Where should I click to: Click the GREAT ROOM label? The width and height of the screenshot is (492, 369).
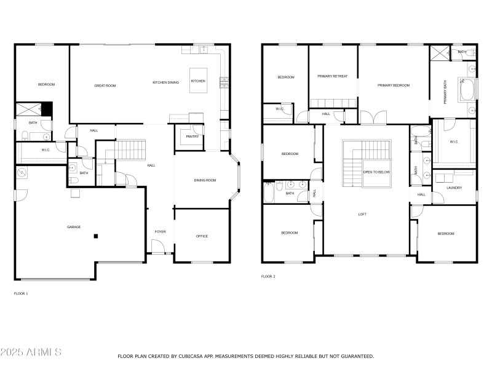tap(105, 86)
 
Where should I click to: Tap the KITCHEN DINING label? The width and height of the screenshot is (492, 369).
tap(166, 82)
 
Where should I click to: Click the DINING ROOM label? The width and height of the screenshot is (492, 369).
tap(205, 180)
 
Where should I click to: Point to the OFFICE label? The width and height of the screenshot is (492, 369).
tap(202, 236)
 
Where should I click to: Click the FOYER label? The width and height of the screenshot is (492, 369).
tap(160, 232)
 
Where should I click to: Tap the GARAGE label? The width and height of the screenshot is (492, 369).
tap(74, 227)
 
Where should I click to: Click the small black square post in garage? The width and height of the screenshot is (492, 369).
tap(95, 236)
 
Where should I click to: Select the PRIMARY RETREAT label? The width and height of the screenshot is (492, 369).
tap(332, 76)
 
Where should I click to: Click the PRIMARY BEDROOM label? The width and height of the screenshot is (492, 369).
tap(394, 85)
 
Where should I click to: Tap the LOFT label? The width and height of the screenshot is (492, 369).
tap(363, 214)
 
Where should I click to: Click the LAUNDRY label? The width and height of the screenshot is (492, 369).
tap(454, 188)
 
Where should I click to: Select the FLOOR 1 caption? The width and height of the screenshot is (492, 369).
tap(21, 293)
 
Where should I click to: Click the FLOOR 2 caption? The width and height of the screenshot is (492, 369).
tap(268, 277)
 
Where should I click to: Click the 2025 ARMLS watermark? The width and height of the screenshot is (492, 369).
tap(31, 352)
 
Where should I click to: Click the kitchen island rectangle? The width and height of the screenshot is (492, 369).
tap(198, 80)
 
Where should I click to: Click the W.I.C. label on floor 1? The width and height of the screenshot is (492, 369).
tap(46, 150)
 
